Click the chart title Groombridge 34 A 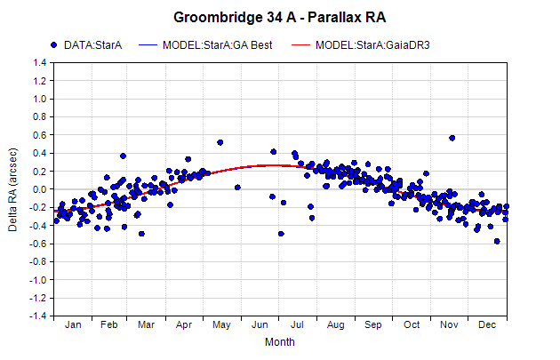235,17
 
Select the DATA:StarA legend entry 86,45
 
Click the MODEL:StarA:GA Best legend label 217,45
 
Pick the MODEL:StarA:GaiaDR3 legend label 372,45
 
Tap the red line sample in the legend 300,45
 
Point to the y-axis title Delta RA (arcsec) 12,189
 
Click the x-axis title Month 280,342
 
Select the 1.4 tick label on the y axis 40,63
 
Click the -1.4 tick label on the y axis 38,316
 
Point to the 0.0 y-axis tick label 40,189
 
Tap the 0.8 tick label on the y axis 40,116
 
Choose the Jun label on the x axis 260,324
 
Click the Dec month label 487,324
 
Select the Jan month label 73,324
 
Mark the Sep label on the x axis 373,324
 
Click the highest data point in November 452,138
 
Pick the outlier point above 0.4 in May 220,142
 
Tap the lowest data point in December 497,242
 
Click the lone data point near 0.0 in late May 237,188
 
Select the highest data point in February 123,156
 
